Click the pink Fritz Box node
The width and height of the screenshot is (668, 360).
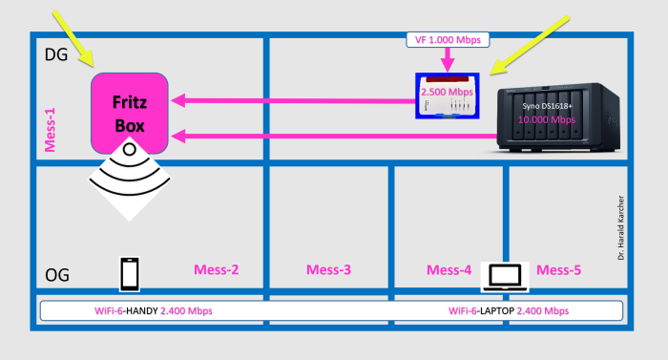point(130,113)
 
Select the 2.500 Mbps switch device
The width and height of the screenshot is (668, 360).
point(447,96)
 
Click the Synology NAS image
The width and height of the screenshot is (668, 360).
point(559,119)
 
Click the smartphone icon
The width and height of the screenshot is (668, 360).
point(131,274)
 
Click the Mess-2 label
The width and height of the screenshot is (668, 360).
point(216,269)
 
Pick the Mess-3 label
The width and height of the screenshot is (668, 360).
point(328,270)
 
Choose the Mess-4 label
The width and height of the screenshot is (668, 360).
point(449,270)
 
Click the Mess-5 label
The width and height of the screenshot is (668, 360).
point(558,270)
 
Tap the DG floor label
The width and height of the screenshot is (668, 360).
point(55,56)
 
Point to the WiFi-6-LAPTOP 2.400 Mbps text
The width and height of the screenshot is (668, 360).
point(509,311)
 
